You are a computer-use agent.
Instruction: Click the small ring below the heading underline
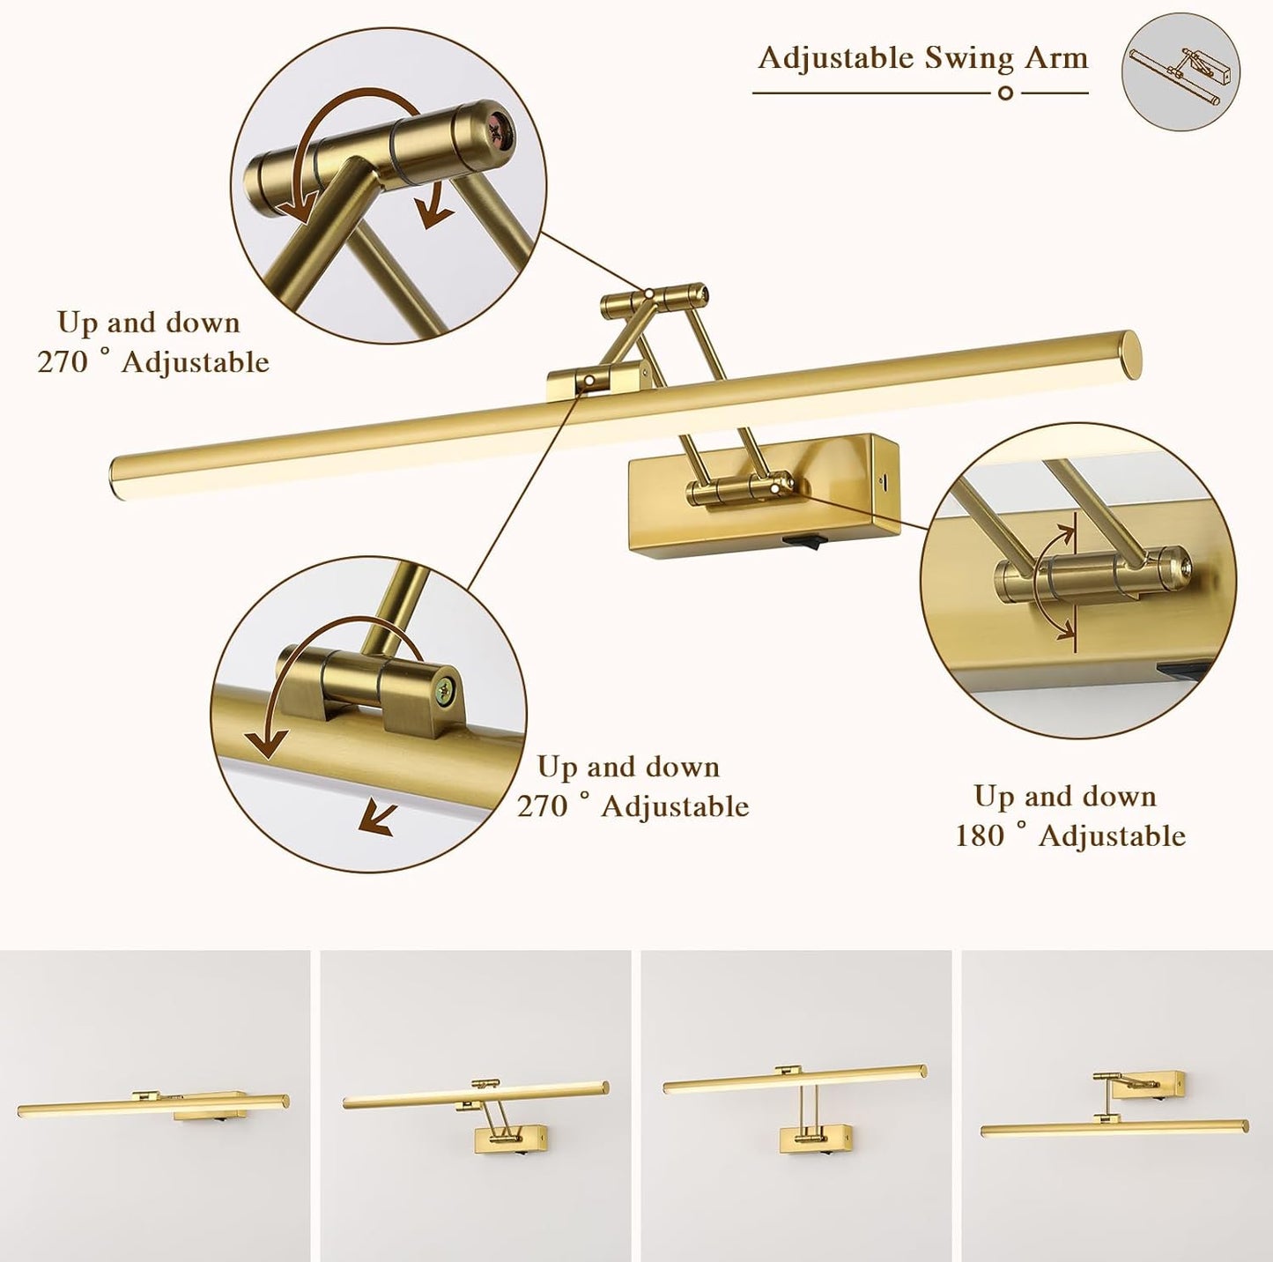coord(1006,93)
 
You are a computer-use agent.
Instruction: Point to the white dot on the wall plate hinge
coord(775,486)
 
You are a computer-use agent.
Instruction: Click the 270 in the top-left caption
coord(62,362)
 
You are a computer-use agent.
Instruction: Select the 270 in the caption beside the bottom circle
coord(541,806)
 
